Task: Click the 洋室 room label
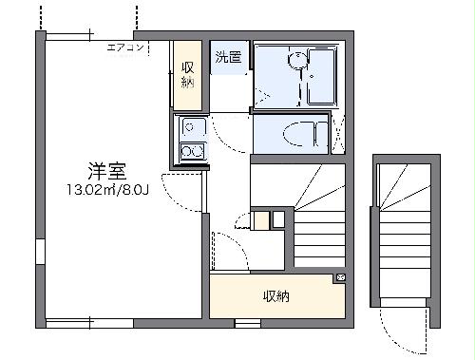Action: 109,172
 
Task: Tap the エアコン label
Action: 124,47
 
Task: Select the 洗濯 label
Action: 227,57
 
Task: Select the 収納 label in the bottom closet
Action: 275,296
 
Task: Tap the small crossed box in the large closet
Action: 340,278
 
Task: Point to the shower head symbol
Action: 297,59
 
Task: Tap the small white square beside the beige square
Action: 277,219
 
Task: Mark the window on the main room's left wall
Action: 40,253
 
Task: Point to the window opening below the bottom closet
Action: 248,324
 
